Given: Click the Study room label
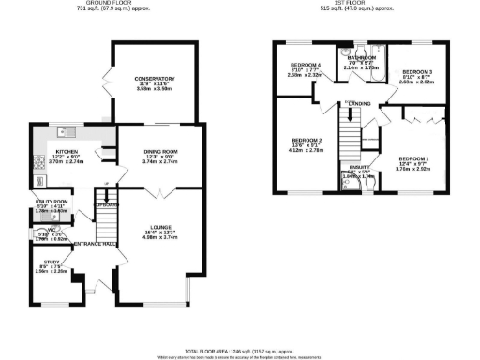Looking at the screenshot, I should tap(52, 265).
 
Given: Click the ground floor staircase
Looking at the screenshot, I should tap(109, 221).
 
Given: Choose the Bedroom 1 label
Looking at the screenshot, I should tap(414, 159).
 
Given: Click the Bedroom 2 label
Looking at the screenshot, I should tap(307, 141).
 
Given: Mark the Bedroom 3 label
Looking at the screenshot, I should tap(417, 72).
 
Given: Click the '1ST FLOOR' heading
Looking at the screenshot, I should tap(362, 4).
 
